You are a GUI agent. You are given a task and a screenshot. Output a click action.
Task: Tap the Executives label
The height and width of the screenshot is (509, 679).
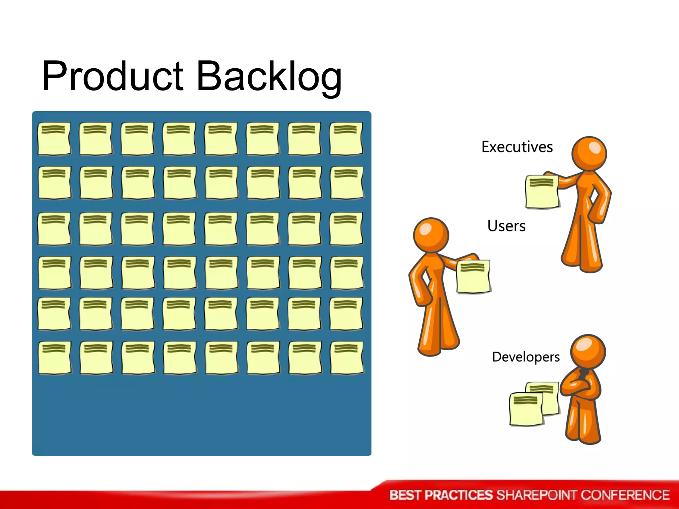517,147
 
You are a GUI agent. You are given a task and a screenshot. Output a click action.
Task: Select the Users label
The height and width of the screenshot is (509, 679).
506,226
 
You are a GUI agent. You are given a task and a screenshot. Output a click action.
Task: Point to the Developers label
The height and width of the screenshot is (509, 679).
526,357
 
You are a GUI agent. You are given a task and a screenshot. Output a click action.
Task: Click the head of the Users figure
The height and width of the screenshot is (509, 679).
431,235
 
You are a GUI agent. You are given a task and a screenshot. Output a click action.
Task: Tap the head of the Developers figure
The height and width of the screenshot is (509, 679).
588,351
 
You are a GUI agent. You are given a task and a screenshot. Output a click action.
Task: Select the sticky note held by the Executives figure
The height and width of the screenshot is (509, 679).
542,192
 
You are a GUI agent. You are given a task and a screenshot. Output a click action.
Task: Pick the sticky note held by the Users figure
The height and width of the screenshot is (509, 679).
473,277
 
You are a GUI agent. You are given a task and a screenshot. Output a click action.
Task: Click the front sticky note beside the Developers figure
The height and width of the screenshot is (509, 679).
526,409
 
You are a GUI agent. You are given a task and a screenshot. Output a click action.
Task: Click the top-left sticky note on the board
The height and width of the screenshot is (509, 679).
54,139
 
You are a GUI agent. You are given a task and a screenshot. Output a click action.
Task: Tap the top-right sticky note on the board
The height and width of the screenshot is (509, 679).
346,139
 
